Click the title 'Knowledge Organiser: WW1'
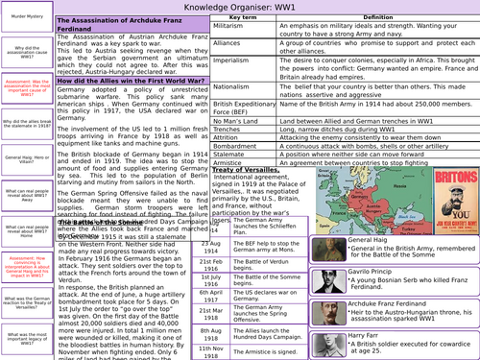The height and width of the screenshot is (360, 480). coord(240,7)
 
